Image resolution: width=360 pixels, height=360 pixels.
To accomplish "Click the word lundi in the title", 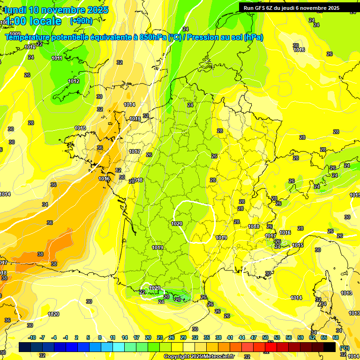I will pyautogui.click(x=15, y=10).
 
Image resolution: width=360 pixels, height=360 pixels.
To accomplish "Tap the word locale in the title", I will pyautogui.click(x=45, y=21).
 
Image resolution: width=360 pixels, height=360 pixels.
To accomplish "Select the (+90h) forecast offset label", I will pyautogui.click(x=81, y=21).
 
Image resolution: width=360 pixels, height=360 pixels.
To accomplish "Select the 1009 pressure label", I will pyautogui.click(x=15, y=34).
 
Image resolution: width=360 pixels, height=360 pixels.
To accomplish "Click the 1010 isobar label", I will pyautogui.click(x=30, y=47).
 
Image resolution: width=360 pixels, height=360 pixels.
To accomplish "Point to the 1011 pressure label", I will pyautogui.click(x=57, y=58).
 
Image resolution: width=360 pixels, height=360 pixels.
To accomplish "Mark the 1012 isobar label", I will pyautogui.click(x=74, y=81).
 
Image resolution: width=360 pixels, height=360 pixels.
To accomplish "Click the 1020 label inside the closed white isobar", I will pyautogui.click(x=177, y=224).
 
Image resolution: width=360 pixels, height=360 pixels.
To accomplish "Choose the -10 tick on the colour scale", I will pyautogui.click(x=32, y=337).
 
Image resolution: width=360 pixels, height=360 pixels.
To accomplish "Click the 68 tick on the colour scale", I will pyautogui.click(x=336, y=337).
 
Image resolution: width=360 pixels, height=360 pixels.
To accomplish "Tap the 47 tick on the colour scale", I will pyautogui.click(x=254, y=337).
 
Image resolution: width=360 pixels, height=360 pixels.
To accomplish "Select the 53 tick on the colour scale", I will pyautogui.click(x=277, y=337).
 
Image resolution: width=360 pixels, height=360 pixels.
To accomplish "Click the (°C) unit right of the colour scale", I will pyautogui.click(x=344, y=348).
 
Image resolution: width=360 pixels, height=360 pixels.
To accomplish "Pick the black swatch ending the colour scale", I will pyautogui.click(x=330, y=347).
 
